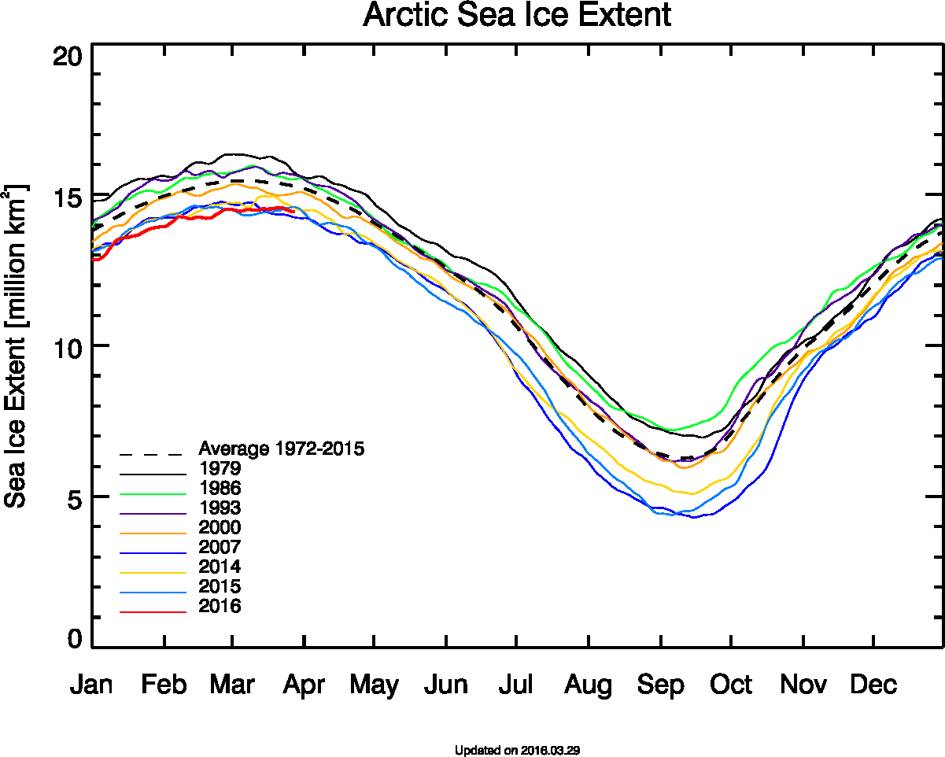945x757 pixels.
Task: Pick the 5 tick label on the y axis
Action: pyautogui.click(x=74, y=497)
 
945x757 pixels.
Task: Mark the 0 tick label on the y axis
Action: pyautogui.click(x=74, y=639)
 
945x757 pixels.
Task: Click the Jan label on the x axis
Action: pyautogui.click(x=91, y=685)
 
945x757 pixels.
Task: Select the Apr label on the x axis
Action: pyautogui.click(x=305, y=685)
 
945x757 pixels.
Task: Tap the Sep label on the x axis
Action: pyautogui.click(x=660, y=685)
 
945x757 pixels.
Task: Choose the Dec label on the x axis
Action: pyautogui.click(x=873, y=685)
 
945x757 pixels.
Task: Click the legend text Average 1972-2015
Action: pyautogui.click(x=282, y=449)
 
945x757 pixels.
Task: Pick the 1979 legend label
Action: pyautogui.click(x=220, y=469)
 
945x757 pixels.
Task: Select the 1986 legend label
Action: pyautogui.click(x=220, y=489)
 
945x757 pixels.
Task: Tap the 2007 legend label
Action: pyautogui.click(x=220, y=547)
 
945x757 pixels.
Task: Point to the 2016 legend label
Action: pyautogui.click(x=220, y=606)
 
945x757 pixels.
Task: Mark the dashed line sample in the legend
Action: pyautogui.click(x=153, y=455)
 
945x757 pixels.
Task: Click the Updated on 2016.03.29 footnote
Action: pyautogui.click(x=517, y=750)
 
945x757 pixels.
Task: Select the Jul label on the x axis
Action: pyautogui.click(x=515, y=685)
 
